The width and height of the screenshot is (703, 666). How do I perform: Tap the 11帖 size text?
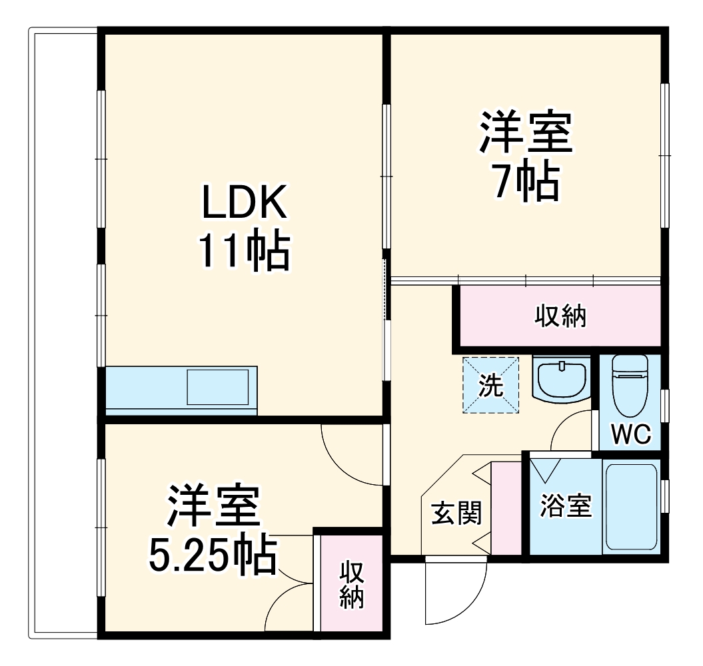(243, 251)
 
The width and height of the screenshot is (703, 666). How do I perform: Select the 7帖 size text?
(526, 180)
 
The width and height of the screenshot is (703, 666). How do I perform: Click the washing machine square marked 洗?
(490, 386)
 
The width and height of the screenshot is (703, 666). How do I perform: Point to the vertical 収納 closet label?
(351, 585)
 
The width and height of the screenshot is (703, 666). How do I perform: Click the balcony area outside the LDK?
(64, 333)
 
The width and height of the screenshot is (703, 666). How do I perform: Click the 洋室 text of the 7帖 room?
(526, 133)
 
